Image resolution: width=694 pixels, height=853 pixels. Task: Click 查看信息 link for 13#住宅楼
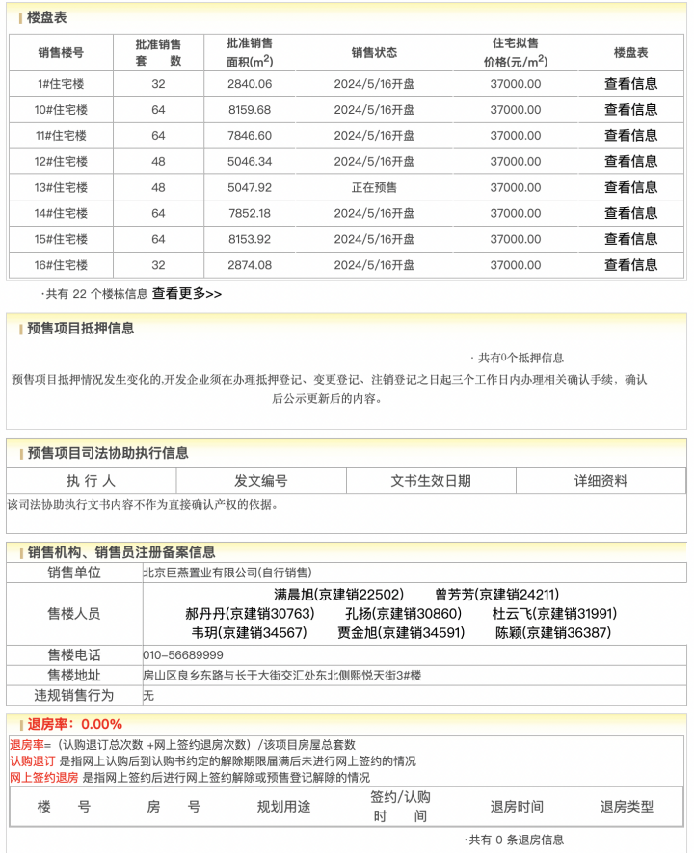coord(630,187)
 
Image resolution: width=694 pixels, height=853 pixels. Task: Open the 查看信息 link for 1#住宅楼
coord(630,84)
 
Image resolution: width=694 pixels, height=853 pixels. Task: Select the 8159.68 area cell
coord(250,110)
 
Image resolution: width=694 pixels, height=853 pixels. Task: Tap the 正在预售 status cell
coord(374,187)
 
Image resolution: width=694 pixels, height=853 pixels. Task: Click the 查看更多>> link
coord(187,294)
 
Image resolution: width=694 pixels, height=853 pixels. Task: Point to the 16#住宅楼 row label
coord(61,265)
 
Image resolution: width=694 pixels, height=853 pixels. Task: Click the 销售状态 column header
coord(374,53)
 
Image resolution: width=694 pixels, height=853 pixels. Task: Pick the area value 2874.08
coord(250,265)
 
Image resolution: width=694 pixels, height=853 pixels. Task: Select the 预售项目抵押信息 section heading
coord(81,329)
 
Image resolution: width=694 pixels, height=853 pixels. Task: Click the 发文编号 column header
coord(261,481)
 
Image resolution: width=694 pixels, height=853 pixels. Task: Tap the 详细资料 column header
coord(601,481)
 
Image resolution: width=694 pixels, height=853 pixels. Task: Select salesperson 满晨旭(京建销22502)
coord(338,595)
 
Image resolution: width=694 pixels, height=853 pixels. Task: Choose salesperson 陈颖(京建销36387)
coord(552,633)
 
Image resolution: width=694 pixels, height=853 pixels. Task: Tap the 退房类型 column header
coord(627,807)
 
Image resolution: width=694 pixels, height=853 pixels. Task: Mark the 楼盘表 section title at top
coord(47,18)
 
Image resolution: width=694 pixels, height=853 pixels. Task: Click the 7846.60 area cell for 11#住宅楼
coord(250,136)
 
